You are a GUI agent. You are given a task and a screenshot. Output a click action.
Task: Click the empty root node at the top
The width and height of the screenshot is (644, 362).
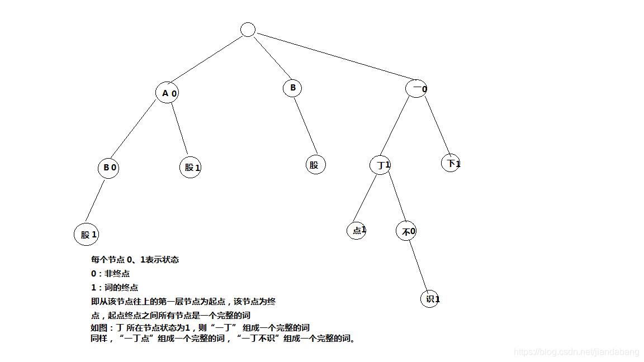coord(248,30)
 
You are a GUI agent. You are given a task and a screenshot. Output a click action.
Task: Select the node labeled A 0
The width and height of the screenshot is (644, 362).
coord(167,93)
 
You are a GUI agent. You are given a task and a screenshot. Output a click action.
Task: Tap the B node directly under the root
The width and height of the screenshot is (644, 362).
coord(292,88)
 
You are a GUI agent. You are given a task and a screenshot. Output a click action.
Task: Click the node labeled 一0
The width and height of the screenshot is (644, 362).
coord(416,88)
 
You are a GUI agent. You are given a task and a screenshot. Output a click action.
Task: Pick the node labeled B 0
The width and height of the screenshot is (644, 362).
coord(108,167)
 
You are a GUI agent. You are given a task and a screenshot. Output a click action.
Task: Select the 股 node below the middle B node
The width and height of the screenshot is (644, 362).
coord(315,164)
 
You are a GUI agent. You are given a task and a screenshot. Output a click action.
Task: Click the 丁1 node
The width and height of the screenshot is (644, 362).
coord(380,165)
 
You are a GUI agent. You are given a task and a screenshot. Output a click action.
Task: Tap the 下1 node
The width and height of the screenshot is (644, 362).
coord(451,163)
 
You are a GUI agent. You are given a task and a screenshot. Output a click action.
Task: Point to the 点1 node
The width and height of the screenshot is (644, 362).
coord(356,230)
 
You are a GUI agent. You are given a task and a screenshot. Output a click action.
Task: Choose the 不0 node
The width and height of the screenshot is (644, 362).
coord(406,231)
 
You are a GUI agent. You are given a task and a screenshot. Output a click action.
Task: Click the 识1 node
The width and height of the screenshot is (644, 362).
coord(430,299)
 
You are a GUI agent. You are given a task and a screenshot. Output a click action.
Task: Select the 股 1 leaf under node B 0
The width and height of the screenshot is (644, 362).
coord(86,234)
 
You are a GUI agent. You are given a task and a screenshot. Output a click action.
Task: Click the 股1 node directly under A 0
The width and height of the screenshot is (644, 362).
coord(190,167)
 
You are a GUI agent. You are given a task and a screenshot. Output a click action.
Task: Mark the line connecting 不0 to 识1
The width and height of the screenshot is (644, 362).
coord(419,265)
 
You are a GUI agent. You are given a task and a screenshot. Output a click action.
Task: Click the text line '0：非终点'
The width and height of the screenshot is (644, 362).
coord(111,273)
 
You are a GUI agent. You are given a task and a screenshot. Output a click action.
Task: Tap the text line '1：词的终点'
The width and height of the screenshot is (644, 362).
coord(115,287)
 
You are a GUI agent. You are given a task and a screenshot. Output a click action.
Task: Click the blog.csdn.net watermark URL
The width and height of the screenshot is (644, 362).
coord(576,352)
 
